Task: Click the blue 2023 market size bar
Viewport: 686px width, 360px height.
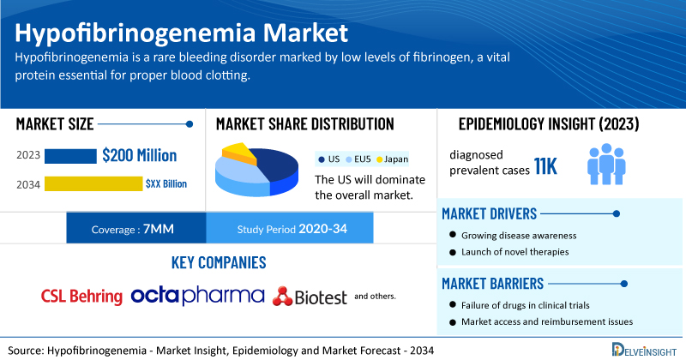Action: pyautogui.click(x=70, y=156)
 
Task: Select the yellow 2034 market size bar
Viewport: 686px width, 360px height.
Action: pyautogui.click(x=93, y=183)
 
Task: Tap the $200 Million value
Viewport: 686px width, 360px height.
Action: pyautogui.click(x=140, y=156)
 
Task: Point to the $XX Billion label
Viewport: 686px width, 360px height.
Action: pyautogui.click(x=166, y=183)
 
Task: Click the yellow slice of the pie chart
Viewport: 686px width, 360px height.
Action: pyautogui.click(x=238, y=152)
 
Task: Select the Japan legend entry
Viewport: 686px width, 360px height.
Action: pyautogui.click(x=393, y=159)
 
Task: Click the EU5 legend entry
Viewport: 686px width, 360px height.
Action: pyautogui.click(x=358, y=159)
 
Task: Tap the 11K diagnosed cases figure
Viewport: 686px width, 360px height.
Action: pyautogui.click(x=545, y=166)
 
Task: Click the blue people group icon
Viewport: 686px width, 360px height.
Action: pyautogui.click(x=606, y=164)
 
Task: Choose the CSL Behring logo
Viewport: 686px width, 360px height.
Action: pyautogui.click(x=81, y=296)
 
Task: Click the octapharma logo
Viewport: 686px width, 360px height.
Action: pyautogui.click(x=198, y=296)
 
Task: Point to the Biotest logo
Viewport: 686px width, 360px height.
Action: pyautogui.click(x=310, y=297)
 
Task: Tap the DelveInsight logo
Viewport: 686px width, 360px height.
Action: pyautogui.click(x=644, y=350)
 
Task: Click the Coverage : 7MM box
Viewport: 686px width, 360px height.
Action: pyautogui.click(x=136, y=228)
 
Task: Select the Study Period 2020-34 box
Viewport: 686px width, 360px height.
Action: pyautogui.click(x=290, y=228)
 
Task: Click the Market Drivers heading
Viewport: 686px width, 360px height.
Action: pyautogui.click(x=489, y=214)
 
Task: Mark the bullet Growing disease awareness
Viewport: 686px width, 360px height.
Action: pyautogui.click(x=513, y=236)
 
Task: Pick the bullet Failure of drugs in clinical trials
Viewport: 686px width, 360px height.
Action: pyautogui.click(x=520, y=305)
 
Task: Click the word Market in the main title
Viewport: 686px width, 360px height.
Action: pyautogui.click(x=305, y=33)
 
